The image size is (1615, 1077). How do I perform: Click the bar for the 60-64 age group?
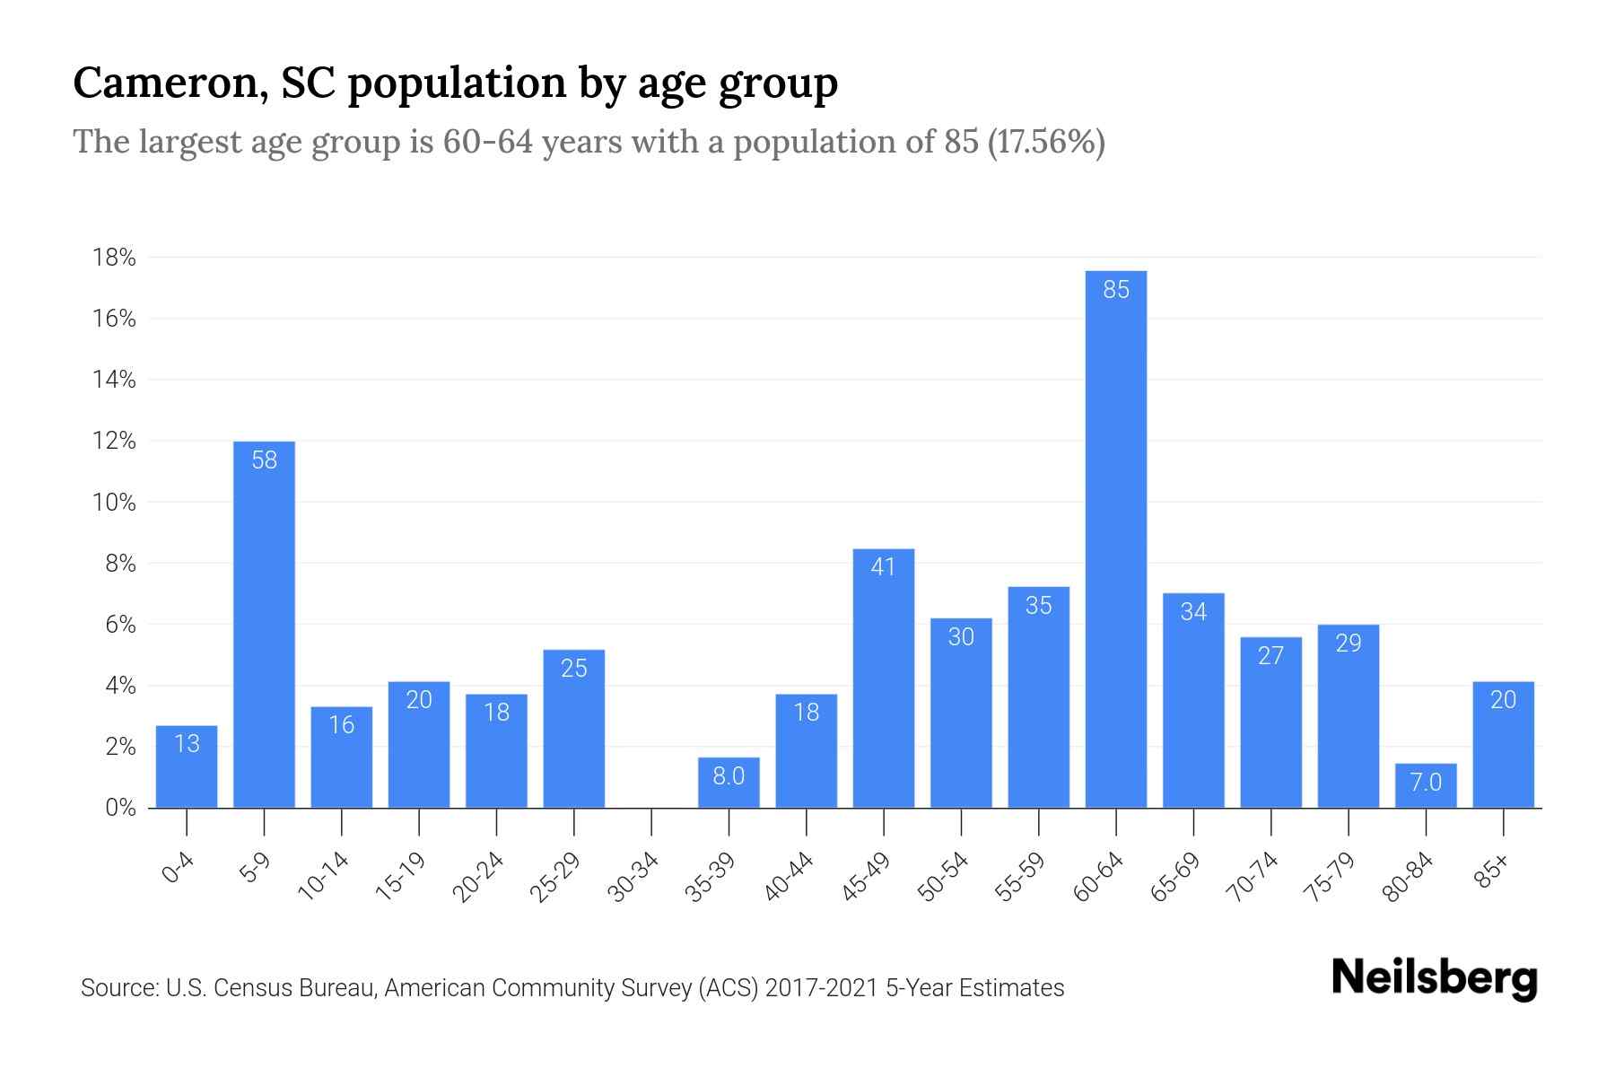click(x=1115, y=538)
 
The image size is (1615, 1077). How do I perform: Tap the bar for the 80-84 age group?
click(x=1426, y=785)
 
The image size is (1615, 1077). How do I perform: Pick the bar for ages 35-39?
click(x=729, y=783)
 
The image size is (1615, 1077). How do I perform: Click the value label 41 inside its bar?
click(x=883, y=567)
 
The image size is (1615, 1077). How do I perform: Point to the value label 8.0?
click(x=729, y=776)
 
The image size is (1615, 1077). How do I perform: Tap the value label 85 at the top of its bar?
click(x=1115, y=290)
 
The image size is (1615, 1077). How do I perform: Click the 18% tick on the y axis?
click(x=114, y=258)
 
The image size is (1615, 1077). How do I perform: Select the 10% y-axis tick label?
click(x=114, y=503)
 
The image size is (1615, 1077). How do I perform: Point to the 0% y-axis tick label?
click(x=120, y=808)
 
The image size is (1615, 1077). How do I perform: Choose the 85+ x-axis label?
click(x=1493, y=871)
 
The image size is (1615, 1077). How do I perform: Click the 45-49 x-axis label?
click(x=866, y=877)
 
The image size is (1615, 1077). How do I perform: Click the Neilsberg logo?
click(x=1434, y=978)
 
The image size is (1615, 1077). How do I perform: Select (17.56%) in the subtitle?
click(x=1045, y=142)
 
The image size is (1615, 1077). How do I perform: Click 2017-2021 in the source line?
click(x=822, y=988)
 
